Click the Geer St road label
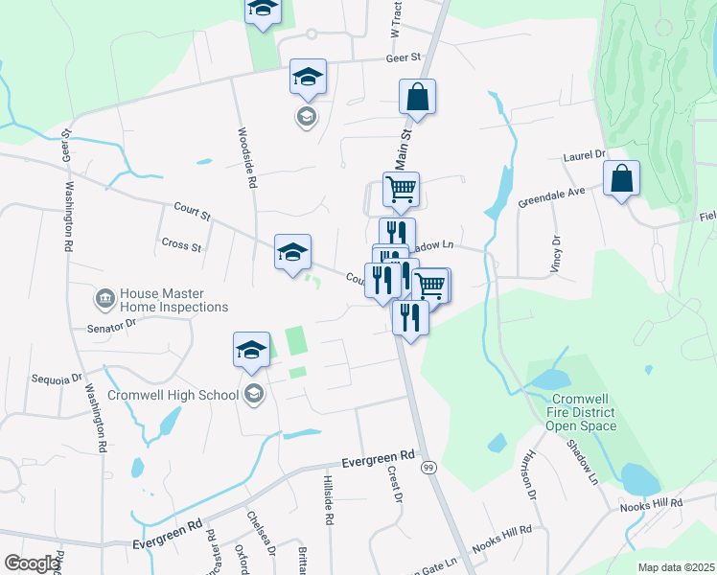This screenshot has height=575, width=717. pyautogui.click(x=404, y=57)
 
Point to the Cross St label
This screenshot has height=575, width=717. pyautogui.click(x=181, y=246)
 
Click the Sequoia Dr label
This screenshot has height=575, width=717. pyautogui.click(x=58, y=379)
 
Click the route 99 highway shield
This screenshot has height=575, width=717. pyautogui.click(x=428, y=467)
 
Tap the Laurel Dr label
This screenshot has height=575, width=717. pyautogui.click(x=586, y=153)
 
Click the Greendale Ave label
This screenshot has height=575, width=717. pyautogui.click(x=551, y=198)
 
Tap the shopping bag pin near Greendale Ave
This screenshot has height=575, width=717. pyautogui.click(x=622, y=179)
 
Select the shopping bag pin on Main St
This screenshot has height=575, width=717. pyautogui.click(x=417, y=98)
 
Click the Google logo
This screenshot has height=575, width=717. pyautogui.click(x=33, y=563)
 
